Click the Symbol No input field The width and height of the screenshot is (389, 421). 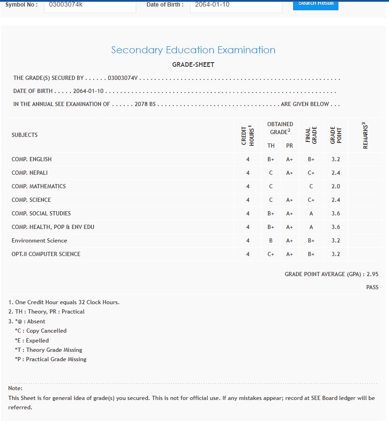tap(89, 6)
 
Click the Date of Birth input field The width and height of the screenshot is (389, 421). tap(235, 6)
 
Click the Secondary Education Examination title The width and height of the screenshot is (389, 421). tap(193, 50)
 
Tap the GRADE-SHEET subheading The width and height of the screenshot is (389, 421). tap(193, 65)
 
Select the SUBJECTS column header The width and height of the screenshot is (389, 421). tap(24, 135)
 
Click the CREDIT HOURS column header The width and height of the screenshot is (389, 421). tap(248, 136)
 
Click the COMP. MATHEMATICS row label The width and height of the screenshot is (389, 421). tap(38, 186)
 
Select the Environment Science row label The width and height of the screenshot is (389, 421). tap(39, 241)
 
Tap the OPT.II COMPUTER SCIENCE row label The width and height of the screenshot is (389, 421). tap(46, 254)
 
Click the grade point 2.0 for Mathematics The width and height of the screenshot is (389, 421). tap(336, 186)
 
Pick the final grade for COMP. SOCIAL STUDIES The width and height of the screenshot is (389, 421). tap(311, 214)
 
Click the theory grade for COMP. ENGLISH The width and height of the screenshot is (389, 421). tap(271, 159)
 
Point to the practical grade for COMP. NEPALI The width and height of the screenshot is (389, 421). tap(289, 173)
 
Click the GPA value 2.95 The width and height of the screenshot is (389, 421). tap(372, 274)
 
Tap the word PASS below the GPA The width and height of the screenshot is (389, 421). tap(372, 287)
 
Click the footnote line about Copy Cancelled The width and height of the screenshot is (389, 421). tap(41, 331)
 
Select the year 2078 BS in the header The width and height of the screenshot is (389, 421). tap(145, 104)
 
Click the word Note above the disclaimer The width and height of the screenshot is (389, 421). tap(15, 388)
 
